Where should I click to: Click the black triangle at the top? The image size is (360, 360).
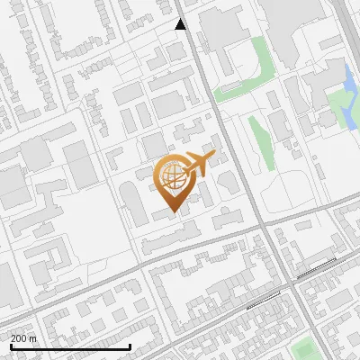[181, 24]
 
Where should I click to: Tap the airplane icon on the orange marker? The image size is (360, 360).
[199, 165]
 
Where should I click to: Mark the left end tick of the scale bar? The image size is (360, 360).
[11, 346]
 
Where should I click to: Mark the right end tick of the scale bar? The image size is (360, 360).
[130, 346]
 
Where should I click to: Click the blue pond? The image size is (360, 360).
[349, 83]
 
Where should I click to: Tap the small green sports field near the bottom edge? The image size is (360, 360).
[307, 348]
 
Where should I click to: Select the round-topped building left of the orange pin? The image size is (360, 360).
[135, 202]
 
